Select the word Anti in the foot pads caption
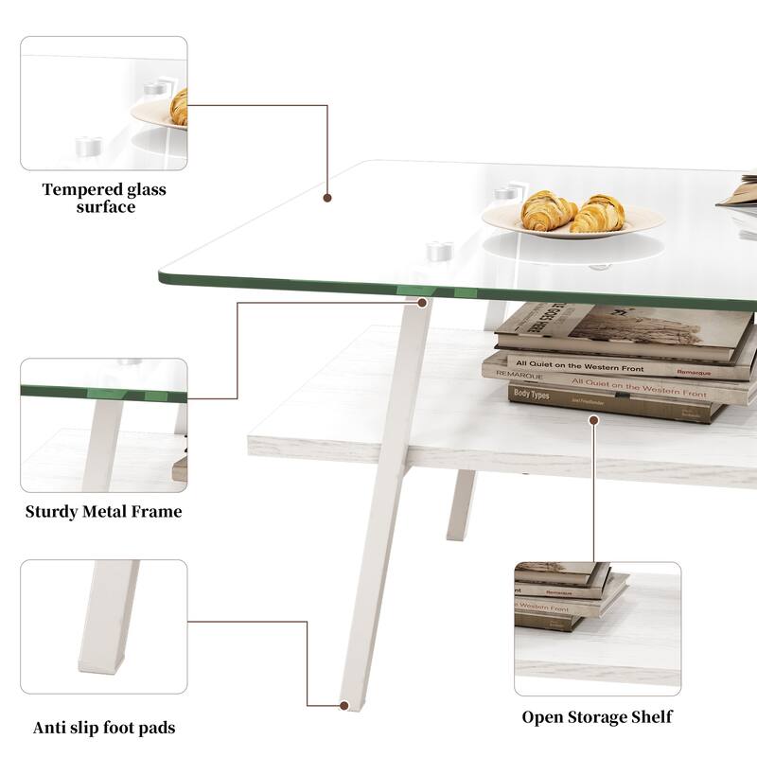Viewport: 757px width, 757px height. pos(49,728)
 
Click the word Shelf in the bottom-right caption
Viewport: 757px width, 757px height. pos(652,716)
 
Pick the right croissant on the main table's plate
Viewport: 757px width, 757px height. pos(598,213)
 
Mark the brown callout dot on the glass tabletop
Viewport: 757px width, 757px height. pos(327,199)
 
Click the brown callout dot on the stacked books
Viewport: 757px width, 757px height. pos(593,415)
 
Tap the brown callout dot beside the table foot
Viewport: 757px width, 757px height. pos(343,704)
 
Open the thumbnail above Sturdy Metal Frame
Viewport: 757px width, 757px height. pos(104,425)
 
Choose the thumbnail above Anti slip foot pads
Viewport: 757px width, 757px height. pos(104,629)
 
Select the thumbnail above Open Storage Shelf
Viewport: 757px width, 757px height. pos(597,628)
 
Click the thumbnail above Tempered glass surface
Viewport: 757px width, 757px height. pos(104,103)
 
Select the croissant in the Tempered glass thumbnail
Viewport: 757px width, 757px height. pos(179,108)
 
